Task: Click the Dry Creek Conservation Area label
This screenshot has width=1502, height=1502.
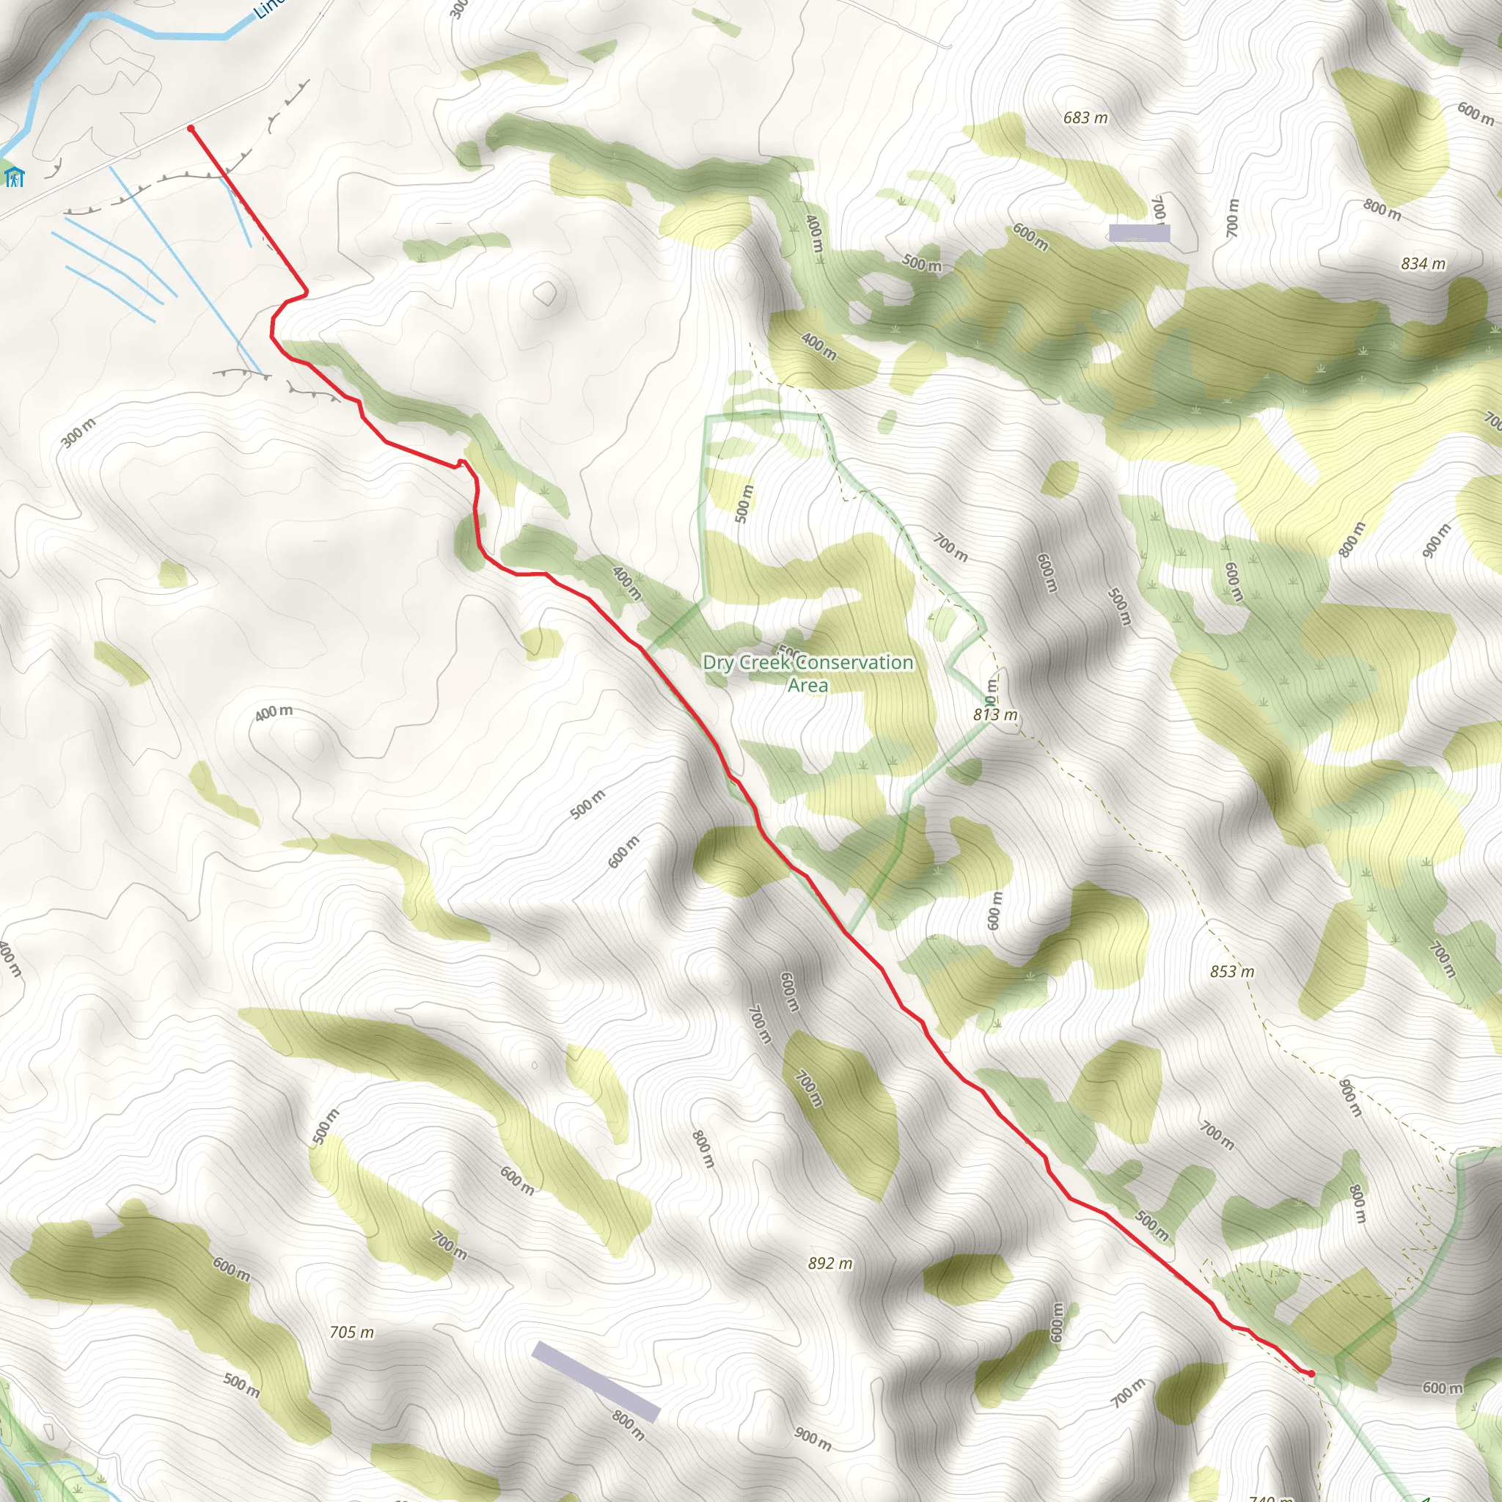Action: coord(807,673)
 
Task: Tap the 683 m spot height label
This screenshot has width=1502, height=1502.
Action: coord(1085,118)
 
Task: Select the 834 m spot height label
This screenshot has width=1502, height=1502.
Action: coord(1423,264)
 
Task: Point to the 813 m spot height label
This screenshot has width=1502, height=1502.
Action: coord(995,714)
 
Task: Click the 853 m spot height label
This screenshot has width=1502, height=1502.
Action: coord(1231,971)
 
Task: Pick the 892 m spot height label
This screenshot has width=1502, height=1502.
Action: coord(829,1264)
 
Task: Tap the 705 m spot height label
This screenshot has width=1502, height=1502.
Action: coord(351,1333)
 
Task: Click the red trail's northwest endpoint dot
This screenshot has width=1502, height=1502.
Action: coord(191,128)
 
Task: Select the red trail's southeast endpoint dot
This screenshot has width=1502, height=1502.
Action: coord(1311,1374)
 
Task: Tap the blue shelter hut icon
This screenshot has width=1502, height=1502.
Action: coord(13,176)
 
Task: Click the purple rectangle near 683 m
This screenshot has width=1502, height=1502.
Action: coord(1139,233)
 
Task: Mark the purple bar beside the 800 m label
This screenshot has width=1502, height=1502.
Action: coord(596,1381)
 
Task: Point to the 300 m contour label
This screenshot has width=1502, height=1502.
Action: coord(78,432)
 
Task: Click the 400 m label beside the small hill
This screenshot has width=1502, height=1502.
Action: coord(274,712)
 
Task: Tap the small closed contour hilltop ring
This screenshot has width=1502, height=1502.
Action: coord(545,293)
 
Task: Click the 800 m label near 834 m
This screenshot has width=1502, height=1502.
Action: coord(1382,209)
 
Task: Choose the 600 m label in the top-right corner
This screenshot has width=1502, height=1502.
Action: coord(1475,114)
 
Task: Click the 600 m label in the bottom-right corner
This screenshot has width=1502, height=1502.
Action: coord(1442,1388)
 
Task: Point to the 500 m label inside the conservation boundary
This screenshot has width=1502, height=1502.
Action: coord(744,503)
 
